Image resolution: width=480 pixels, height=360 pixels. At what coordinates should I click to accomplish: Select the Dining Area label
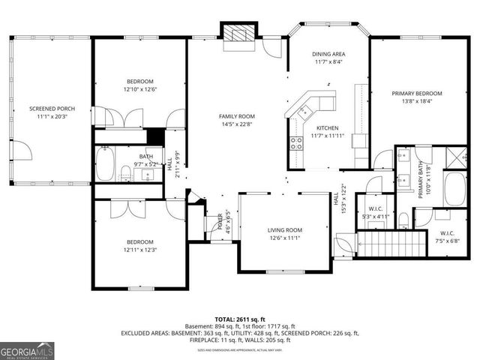pos(328,54)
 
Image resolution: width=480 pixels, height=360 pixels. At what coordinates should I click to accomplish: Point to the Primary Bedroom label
pos(417,94)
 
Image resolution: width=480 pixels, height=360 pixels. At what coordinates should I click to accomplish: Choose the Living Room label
pos(285,230)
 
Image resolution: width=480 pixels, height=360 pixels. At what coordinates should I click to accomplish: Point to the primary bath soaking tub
pos(455,189)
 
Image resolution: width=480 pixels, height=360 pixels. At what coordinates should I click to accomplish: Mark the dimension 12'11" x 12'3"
pos(140,250)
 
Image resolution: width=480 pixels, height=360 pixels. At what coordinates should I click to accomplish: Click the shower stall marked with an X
pos(454,157)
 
